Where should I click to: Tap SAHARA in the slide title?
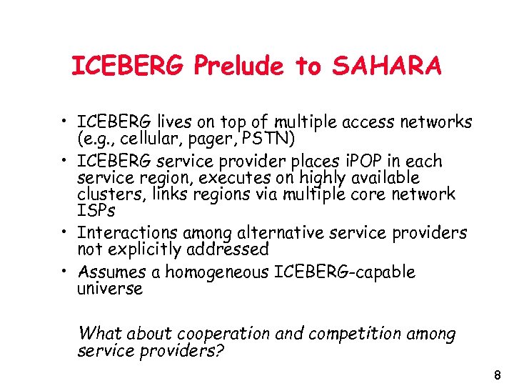pos(385,66)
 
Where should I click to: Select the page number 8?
pos(498,375)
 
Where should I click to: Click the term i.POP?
pos(346,161)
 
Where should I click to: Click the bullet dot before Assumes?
pos(64,272)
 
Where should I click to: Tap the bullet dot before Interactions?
pos(64,233)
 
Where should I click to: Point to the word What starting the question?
pos(100,333)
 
